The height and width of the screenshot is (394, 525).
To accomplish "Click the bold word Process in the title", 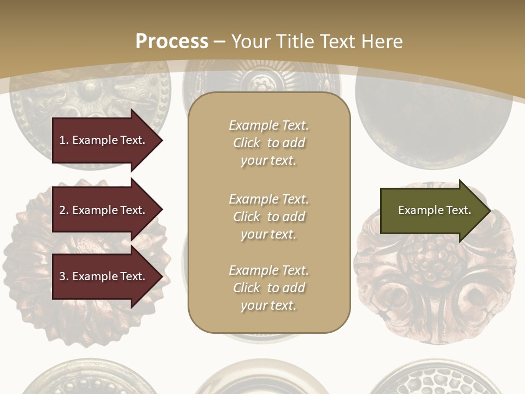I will coord(172,41).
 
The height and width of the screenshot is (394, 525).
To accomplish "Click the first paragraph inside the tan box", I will coord(269,143).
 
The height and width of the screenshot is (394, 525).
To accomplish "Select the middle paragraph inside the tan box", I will coord(269,217).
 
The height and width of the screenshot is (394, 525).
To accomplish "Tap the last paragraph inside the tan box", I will coord(269,288).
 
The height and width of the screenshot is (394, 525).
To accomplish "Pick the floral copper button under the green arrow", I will coord(435,285).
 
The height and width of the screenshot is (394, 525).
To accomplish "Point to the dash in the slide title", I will coord(220,42).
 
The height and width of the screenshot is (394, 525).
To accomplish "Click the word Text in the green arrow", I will coord(459,210).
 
